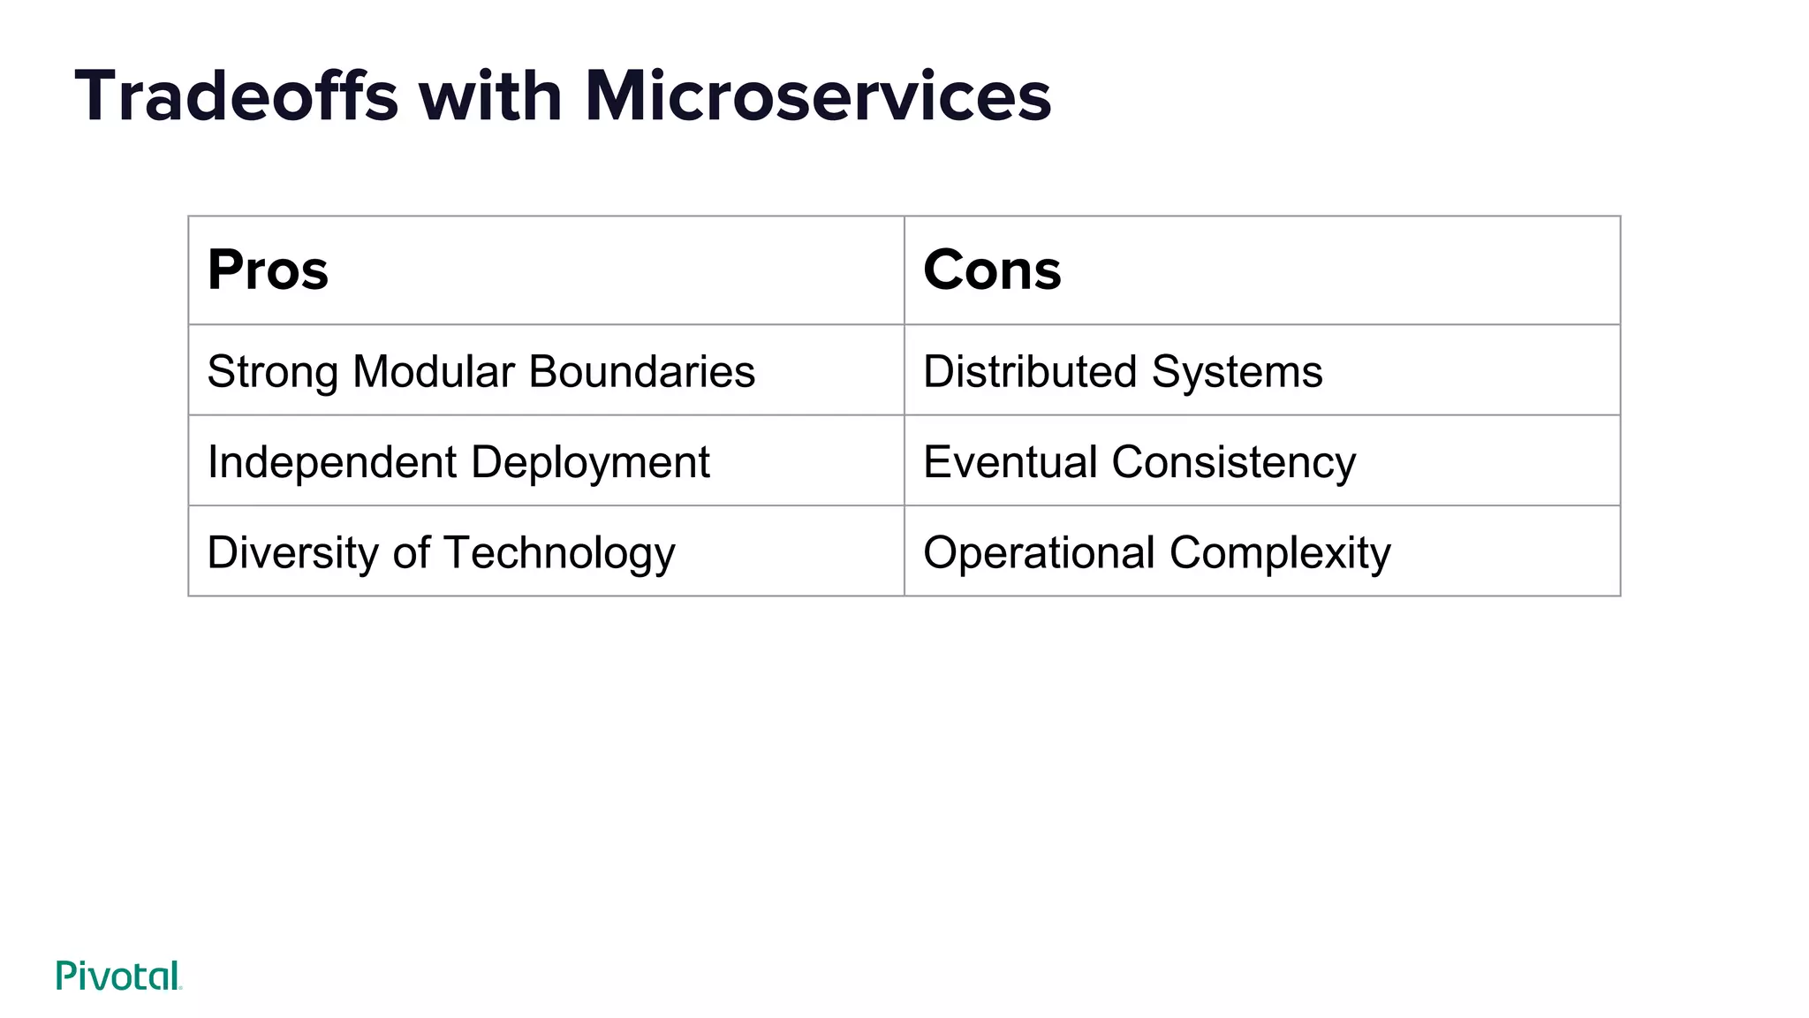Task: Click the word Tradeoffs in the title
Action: [x=237, y=96]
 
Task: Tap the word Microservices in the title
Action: [x=818, y=96]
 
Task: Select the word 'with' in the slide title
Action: [x=490, y=96]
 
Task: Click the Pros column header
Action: [x=268, y=270]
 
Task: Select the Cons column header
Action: [x=992, y=270]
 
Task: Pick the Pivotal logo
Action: [x=118, y=976]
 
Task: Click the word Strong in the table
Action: [x=272, y=371]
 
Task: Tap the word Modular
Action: [x=434, y=371]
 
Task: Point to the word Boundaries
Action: [x=642, y=371]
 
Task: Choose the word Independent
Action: [x=331, y=462]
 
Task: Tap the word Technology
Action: [x=559, y=554]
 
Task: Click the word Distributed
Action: [x=1029, y=371]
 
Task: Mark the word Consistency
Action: [x=1233, y=463]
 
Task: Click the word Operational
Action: [x=1039, y=554]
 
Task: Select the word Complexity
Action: [x=1280, y=554]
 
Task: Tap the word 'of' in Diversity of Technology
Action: [x=411, y=552]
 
